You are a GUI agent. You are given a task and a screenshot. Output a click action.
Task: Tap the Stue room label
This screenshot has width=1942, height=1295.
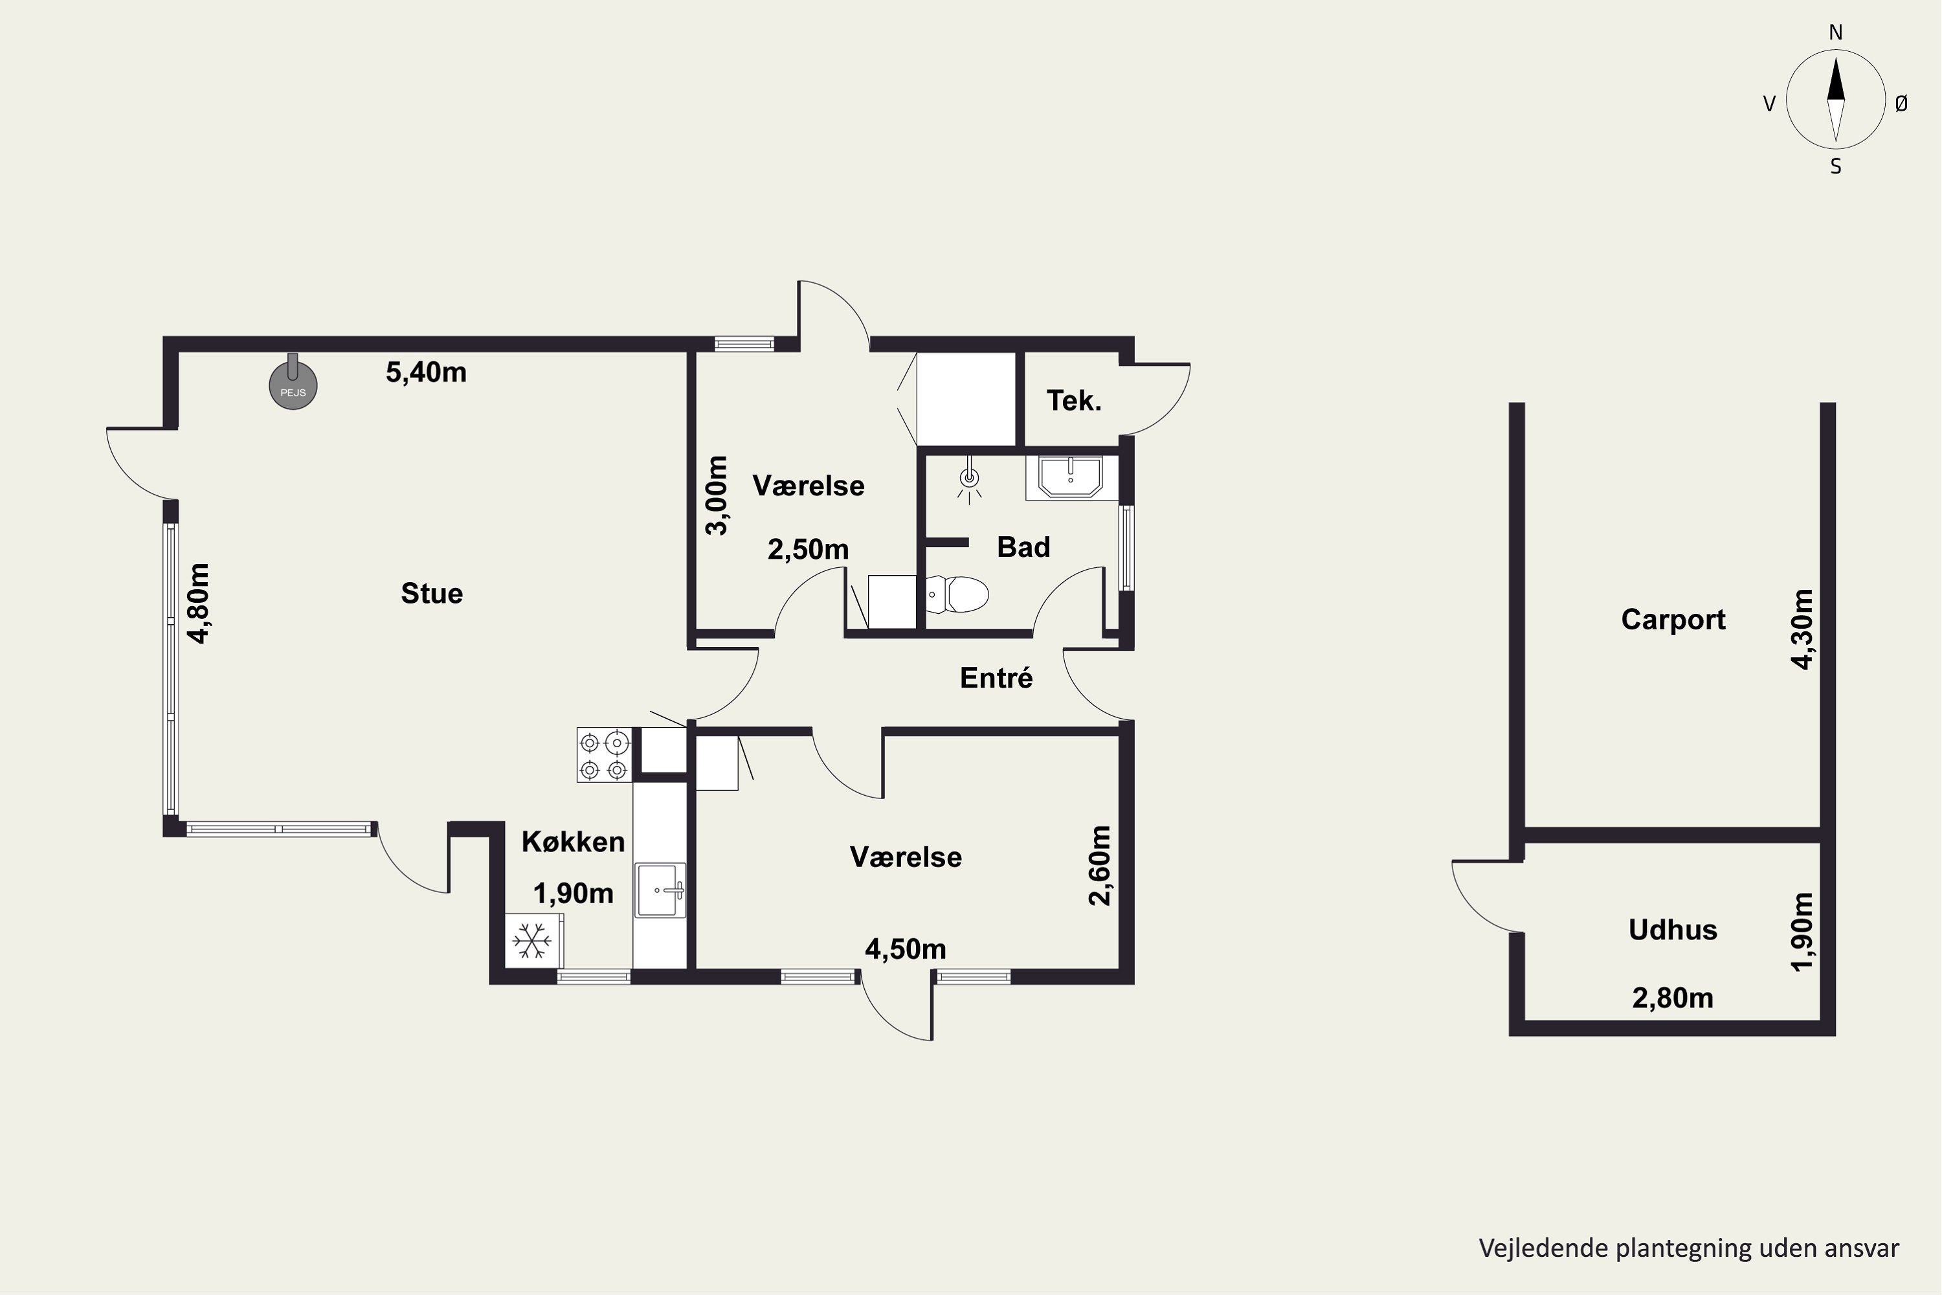pos(432,594)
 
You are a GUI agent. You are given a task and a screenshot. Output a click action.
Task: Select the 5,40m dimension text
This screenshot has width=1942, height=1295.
pos(426,372)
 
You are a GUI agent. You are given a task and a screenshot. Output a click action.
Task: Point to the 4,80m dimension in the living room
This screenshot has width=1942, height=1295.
pos(199,602)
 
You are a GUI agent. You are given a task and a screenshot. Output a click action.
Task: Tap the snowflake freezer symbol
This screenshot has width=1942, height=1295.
pos(533,941)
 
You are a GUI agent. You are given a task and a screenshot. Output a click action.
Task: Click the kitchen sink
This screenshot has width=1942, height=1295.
pos(660,890)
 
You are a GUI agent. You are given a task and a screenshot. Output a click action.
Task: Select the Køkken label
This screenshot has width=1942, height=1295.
pos(573,842)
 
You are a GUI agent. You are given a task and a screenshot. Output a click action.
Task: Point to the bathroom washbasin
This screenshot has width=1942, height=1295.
pos(1071,477)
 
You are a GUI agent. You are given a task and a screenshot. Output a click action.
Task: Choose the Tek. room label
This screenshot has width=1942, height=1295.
pos(1074,401)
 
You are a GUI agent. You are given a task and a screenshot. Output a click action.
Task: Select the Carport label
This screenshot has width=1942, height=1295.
pos(1673,620)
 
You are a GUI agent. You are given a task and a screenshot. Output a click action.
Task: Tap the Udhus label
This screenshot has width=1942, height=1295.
pos(1673,930)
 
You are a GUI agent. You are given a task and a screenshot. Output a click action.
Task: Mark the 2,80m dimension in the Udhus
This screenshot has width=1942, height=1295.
pos(1673,998)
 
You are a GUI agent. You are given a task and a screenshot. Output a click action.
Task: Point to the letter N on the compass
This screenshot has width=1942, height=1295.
pos(1835,32)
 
